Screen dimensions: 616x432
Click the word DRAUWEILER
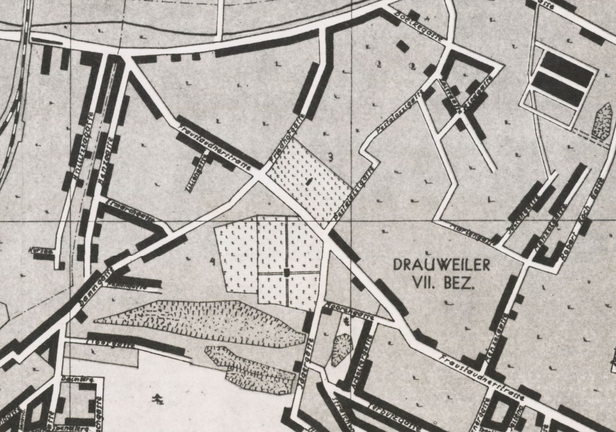pyautogui.click(x=441, y=265)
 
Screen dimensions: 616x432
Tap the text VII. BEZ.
pyautogui.click(x=443, y=282)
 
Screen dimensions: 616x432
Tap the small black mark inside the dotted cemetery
pyautogui.click(x=309, y=182)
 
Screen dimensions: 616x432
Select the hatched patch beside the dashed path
pyautogui.click(x=602, y=122)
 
